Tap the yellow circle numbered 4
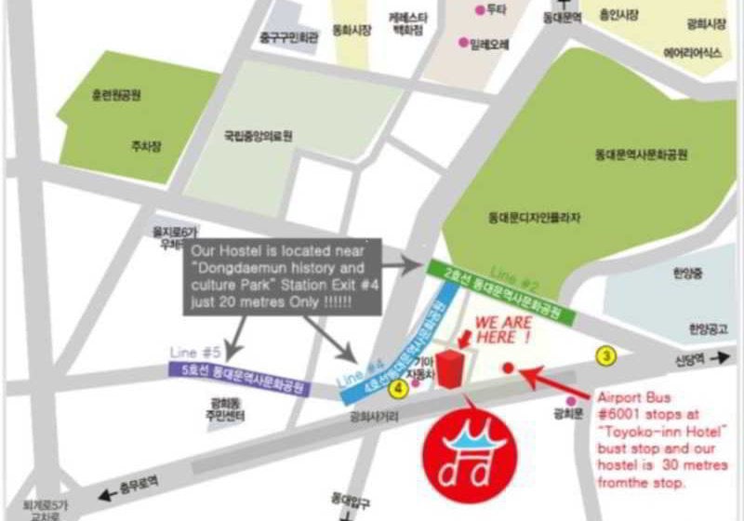coord(400,387)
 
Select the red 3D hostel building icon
coord(450,369)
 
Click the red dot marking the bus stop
coord(507,367)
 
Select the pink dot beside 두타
coord(480,10)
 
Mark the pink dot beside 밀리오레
coord(463,43)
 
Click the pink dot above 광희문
coord(569,401)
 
